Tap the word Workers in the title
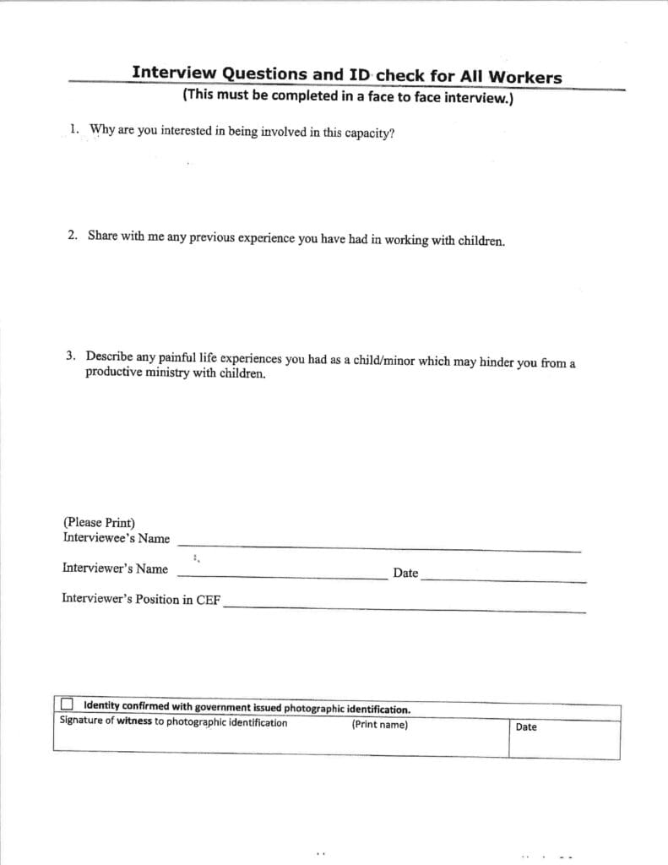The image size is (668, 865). [x=525, y=78]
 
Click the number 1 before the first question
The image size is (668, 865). [x=73, y=129]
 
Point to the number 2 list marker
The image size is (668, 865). [x=72, y=236]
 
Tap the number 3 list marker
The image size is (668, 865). [x=70, y=356]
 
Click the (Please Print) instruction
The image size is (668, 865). [x=99, y=523]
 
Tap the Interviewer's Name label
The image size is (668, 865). [x=115, y=569]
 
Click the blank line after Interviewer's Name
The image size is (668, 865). [x=282, y=578]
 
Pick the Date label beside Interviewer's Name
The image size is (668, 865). [x=405, y=573]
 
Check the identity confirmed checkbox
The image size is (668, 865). [x=67, y=705]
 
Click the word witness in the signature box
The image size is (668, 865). [x=134, y=722]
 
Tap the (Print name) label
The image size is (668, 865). [x=379, y=725]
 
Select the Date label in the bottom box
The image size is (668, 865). [x=525, y=726]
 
